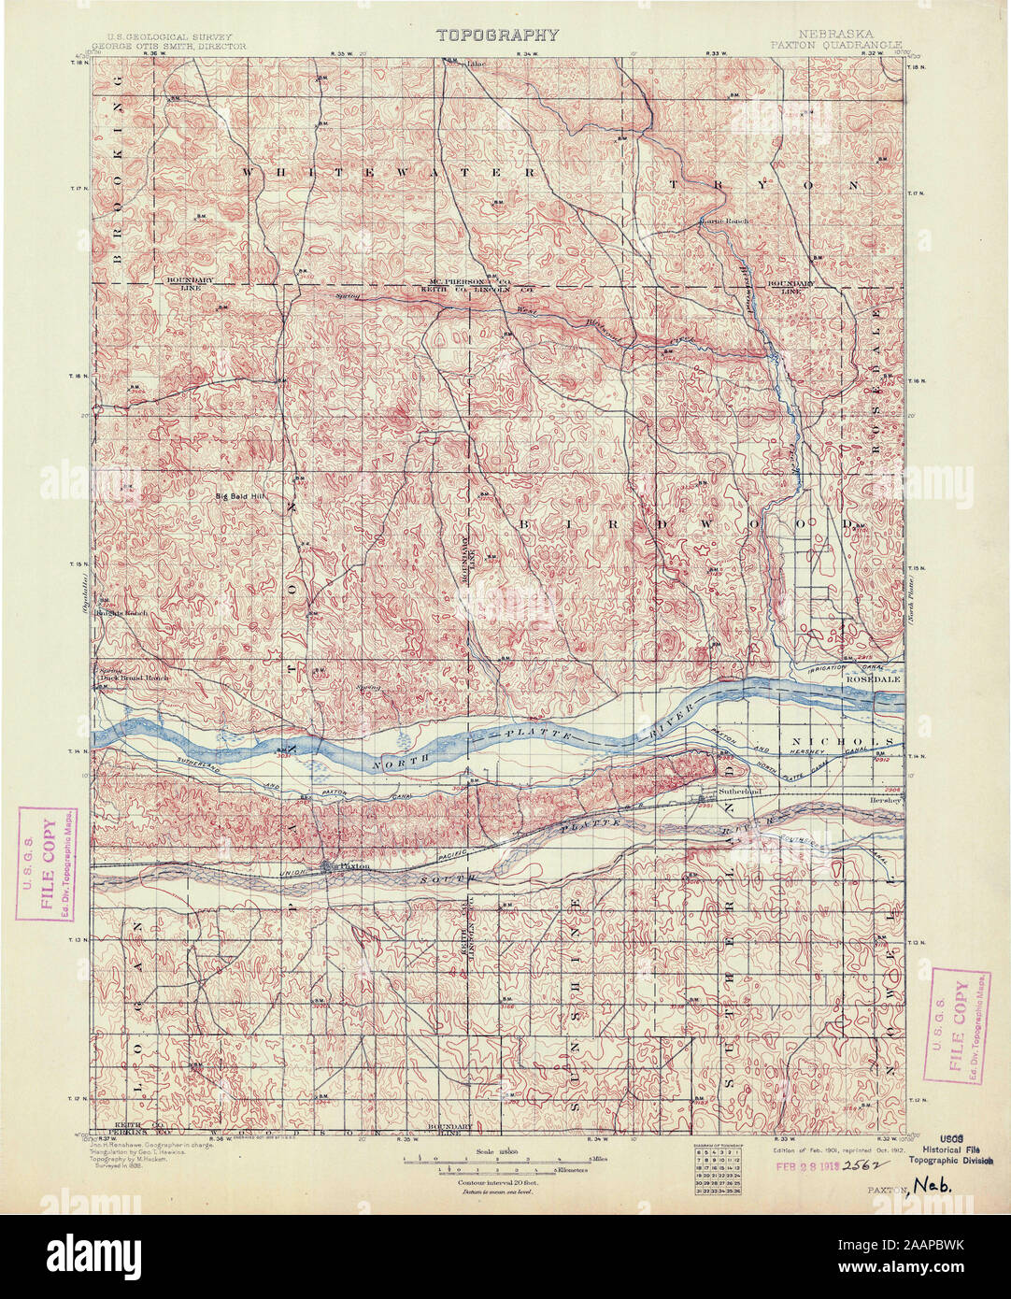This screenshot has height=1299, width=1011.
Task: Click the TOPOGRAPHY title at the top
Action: pyautogui.click(x=497, y=36)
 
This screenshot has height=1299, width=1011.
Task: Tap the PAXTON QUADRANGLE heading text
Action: pyautogui.click(x=836, y=44)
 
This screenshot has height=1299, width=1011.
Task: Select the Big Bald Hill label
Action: pyautogui.click(x=241, y=496)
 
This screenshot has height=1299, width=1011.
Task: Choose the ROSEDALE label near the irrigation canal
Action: pyautogui.click(x=873, y=679)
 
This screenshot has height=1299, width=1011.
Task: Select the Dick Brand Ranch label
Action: pyautogui.click(x=134, y=677)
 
